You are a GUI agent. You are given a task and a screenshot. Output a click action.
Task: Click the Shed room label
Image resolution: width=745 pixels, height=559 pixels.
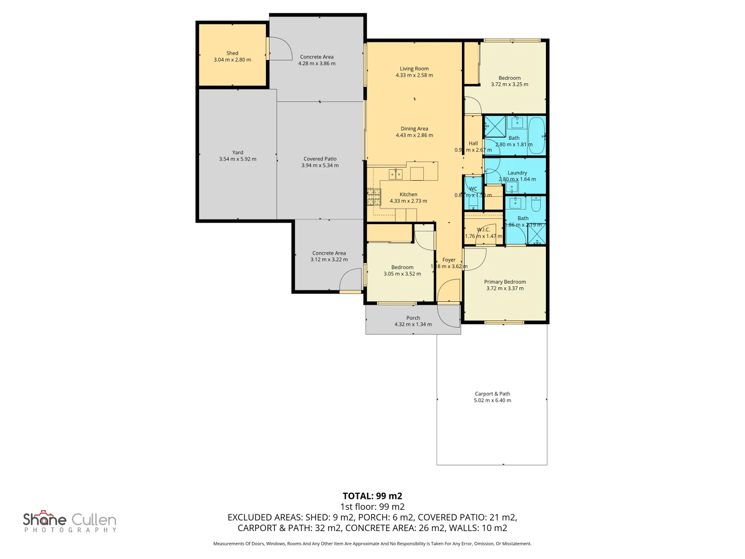(x=232, y=53)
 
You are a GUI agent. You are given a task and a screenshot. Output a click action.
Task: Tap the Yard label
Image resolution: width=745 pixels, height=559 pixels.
(x=237, y=152)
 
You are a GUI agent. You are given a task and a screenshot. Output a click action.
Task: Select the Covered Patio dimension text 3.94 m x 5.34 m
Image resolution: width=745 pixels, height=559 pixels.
(x=320, y=166)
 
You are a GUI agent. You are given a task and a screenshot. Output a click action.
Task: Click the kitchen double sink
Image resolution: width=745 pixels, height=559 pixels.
(x=396, y=174)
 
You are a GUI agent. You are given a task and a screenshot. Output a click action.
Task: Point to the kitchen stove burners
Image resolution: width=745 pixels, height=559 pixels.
(x=374, y=197)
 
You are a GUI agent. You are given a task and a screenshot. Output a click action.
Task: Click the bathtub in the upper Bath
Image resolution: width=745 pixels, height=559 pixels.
(x=537, y=136)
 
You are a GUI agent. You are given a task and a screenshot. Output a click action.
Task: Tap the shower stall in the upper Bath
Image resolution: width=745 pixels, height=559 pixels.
(x=495, y=126)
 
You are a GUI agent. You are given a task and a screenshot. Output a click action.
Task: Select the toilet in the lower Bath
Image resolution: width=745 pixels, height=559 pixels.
(x=537, y=204)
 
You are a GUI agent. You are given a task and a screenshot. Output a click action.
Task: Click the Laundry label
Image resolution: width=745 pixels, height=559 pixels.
(x=517, y=173)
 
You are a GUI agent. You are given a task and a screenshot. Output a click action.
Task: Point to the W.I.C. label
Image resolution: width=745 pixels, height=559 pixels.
(x=483, y=229)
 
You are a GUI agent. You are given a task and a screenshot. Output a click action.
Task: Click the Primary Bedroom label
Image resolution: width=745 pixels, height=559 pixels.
(x=505, y=282)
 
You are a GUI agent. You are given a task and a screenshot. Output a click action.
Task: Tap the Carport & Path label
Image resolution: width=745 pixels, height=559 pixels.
(x=492, y=394)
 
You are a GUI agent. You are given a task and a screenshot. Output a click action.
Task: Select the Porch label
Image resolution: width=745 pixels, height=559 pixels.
(x=413, y=318)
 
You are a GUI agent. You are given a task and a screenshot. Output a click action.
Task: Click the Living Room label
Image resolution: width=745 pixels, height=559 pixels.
(x=414, y=68)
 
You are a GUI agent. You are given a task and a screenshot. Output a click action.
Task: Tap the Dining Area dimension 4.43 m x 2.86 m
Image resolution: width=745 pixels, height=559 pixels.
(x=414, y=136)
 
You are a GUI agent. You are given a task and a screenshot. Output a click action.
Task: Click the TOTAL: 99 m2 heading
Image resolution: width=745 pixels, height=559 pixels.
(x=372, y=496)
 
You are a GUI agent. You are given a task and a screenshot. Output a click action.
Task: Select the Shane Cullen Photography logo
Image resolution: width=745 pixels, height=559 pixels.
(x=70, y=521)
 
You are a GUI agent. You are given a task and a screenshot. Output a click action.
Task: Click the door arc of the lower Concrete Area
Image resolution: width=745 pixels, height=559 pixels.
(x=351, y=281)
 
